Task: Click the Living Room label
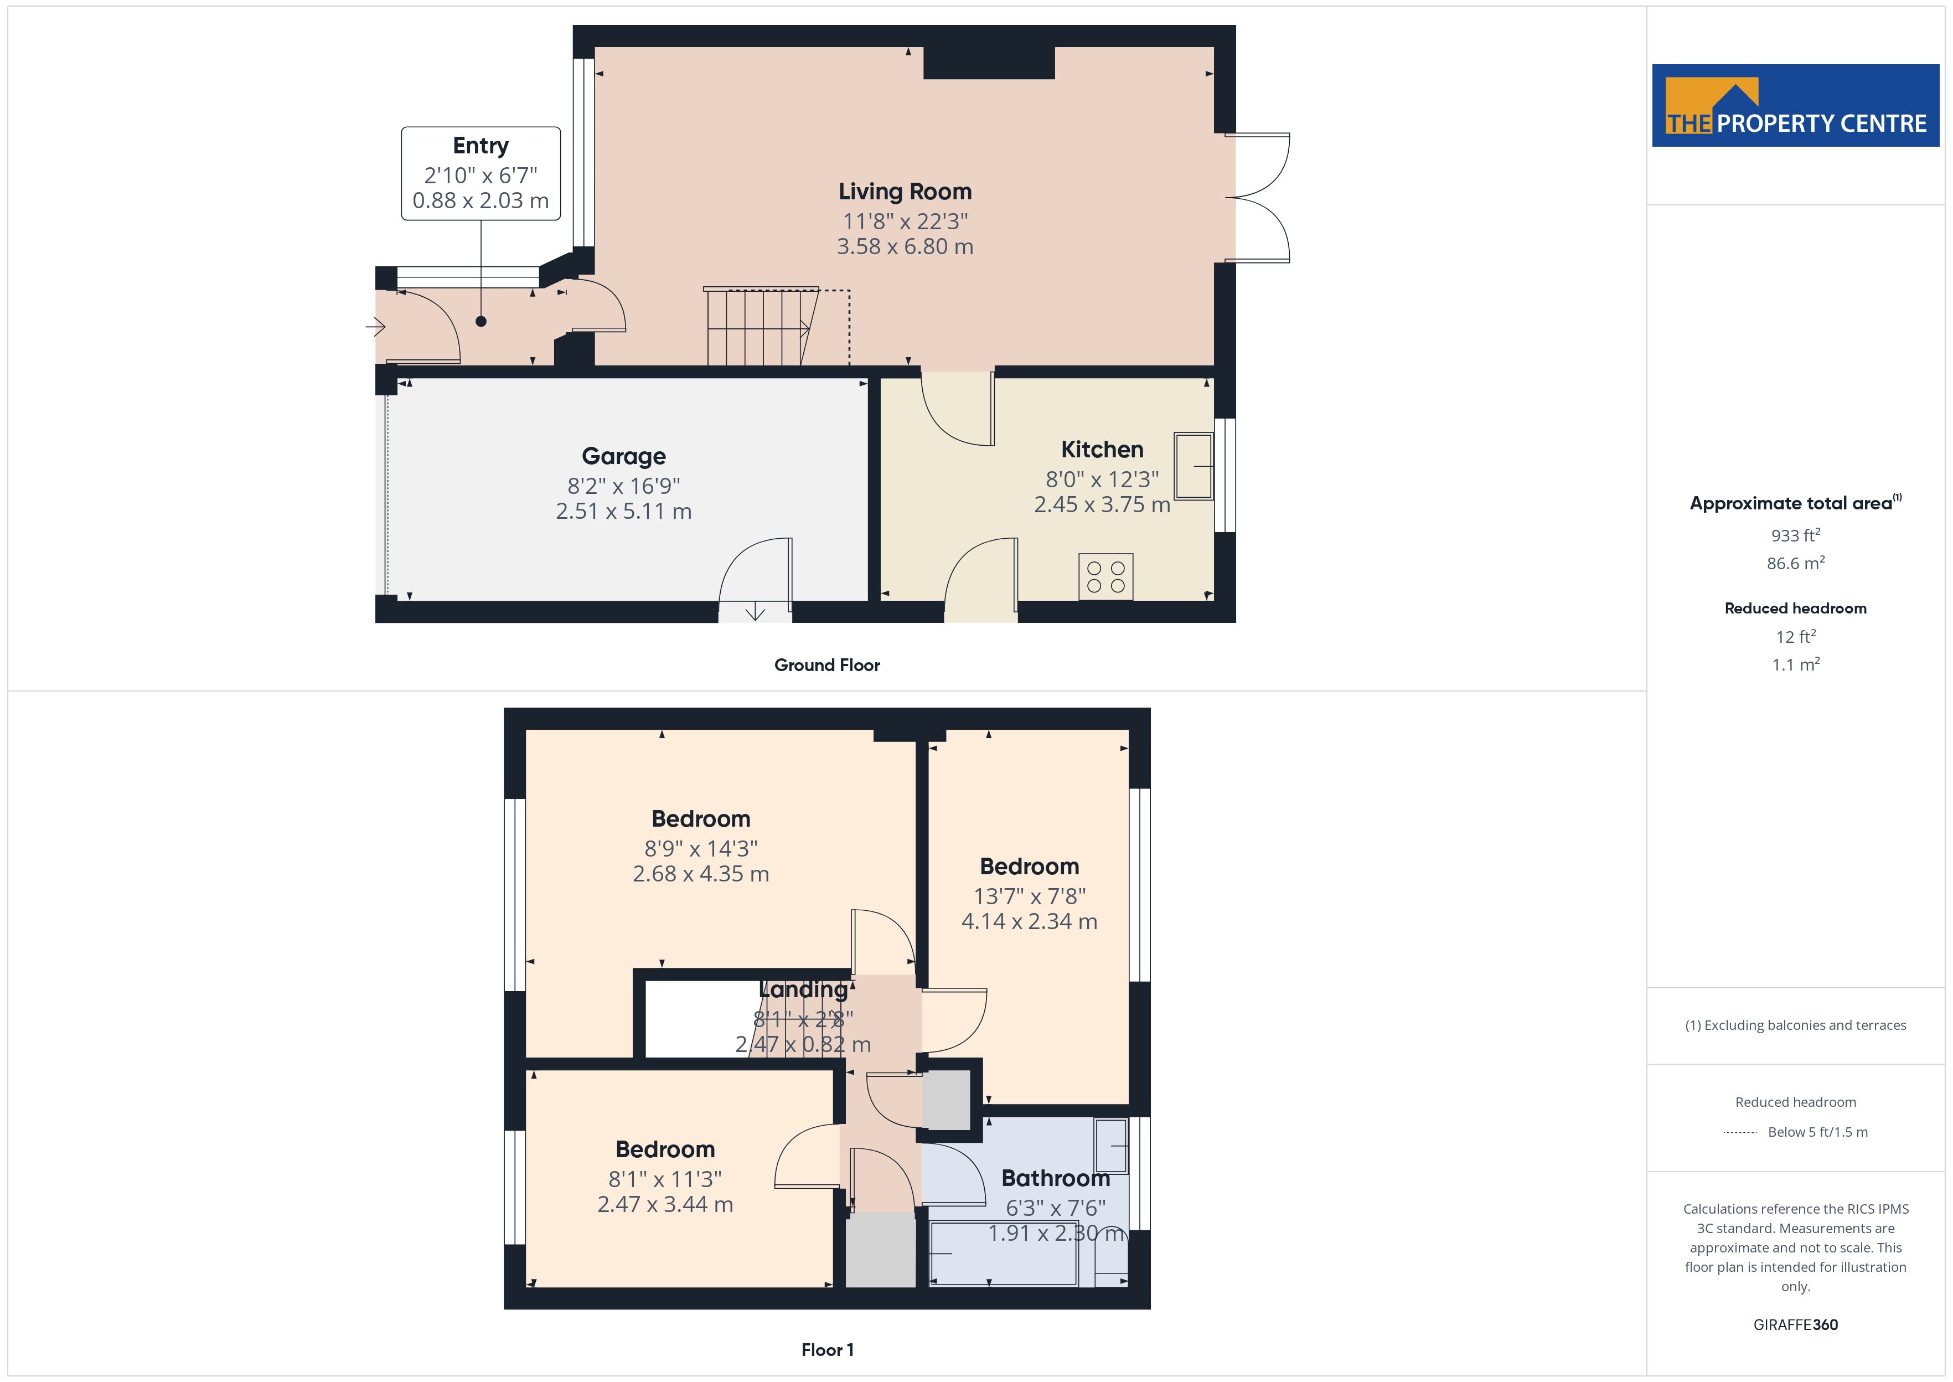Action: point(905,192)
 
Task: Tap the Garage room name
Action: point(623,456)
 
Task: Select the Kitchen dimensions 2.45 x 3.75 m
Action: point(1102,504)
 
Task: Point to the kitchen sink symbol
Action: point(1193,466)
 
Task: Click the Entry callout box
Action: point(480,174)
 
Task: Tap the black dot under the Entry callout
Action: point(480,322)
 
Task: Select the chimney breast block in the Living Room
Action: point(989,63)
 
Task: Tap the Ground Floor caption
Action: point(827,666)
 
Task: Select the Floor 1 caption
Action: point(827,1350)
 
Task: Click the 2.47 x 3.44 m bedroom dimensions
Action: point(665,1204)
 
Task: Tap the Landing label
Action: point(803,989)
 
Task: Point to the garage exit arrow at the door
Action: point(755,612)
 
